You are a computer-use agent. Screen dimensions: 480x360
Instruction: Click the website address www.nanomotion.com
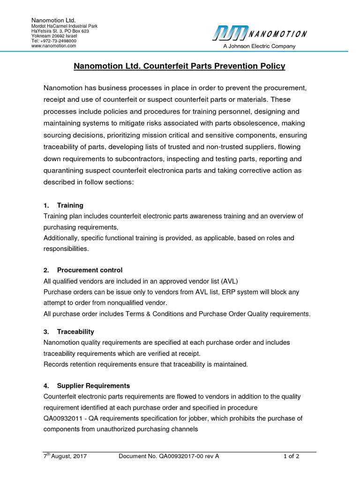[53, 46]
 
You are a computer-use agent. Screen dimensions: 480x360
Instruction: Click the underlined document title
[180, 67]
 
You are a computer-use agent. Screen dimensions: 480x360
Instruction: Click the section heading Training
[70, 205]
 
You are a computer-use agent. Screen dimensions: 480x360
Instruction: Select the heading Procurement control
[90, 270]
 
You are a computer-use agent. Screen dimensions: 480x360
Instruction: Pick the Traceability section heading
[75, 331]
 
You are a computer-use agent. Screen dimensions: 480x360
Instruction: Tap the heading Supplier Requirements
[93, 386]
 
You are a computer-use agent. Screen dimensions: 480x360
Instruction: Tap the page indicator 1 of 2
[292, 456]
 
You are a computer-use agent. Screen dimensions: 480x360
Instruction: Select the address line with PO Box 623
[60, 31]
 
